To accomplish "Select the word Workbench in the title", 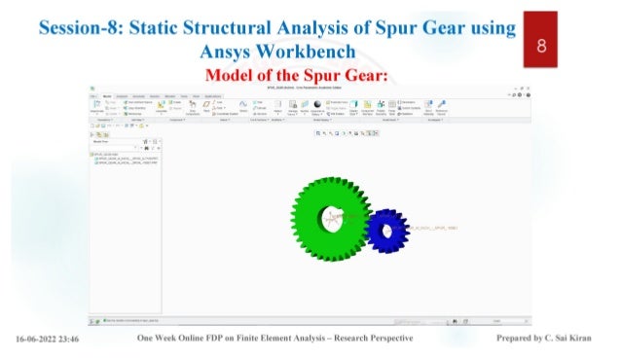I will click(x=312, y=51).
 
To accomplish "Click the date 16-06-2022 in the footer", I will click(x=38, y=341).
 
